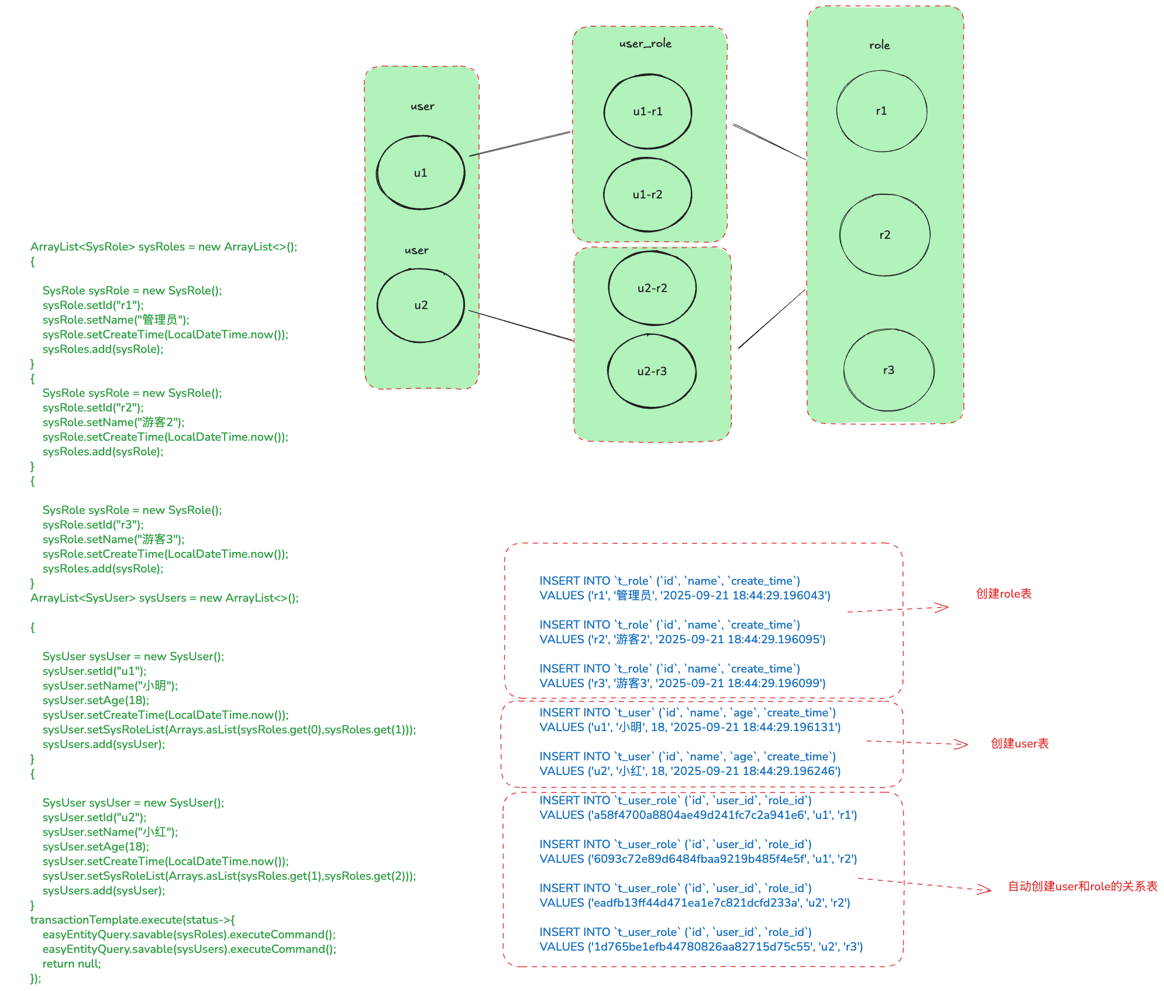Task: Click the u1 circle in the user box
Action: click(421, 173)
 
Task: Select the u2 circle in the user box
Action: click(421, 305)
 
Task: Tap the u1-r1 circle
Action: click(648, 111)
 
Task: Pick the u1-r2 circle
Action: click(648, 194)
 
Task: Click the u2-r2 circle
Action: click(652, 288)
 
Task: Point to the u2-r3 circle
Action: click(652, 371)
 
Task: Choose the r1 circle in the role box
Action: click(881, 111)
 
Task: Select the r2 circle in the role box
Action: click(884, 235)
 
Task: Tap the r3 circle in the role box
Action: click(889, 370)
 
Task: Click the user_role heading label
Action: click(645, 43)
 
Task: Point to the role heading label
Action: click(879, 45)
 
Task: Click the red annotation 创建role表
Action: click(1004, 594)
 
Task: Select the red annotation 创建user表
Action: click(1020, 743)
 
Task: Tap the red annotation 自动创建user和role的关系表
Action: click(1083, 886)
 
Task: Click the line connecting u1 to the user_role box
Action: click(520, 144)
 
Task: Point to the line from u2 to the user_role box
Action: click(521, 325)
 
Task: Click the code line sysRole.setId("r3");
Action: click(93, 524)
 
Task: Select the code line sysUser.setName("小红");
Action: click(110, 832)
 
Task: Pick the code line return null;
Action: click(71, 963)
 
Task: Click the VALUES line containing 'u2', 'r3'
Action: click(701, 947)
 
